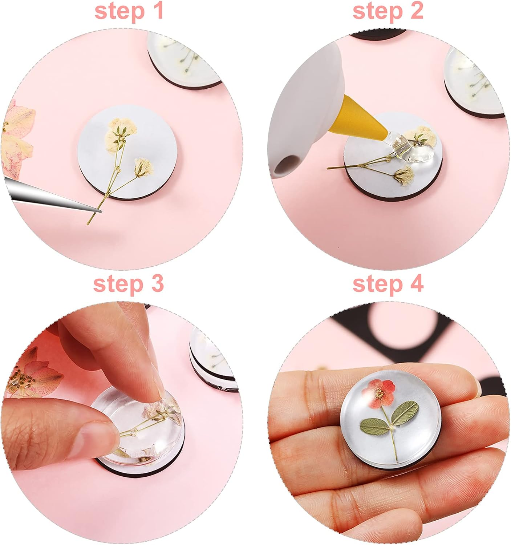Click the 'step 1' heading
tap(129, 11)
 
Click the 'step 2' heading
tap(388, 11)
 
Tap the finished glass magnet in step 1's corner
tap(185, 58)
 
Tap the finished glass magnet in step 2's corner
tap(476, 84)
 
